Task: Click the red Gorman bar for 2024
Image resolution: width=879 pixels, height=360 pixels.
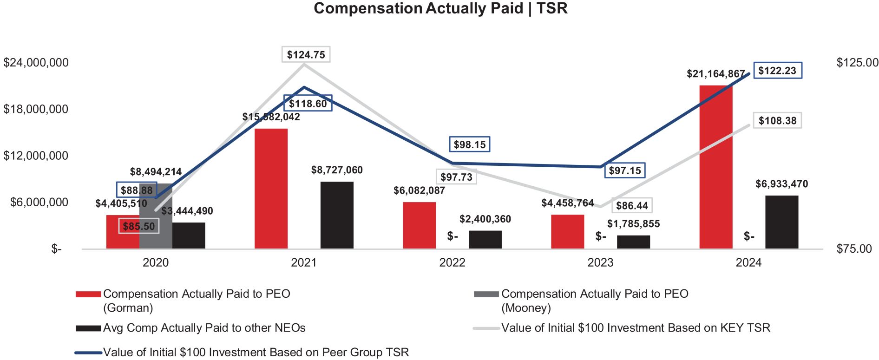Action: (x=715, y=167)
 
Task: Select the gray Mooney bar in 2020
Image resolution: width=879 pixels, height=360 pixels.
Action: (x=156, y=218)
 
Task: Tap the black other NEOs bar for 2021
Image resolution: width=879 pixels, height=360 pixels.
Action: (x=337, y=215)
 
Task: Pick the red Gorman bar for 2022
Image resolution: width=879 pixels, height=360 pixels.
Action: (x=419, y=225)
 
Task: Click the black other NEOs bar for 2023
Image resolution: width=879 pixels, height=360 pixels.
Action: (x=633, y=242)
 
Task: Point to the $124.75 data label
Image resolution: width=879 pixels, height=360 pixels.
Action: (x=306, y=55)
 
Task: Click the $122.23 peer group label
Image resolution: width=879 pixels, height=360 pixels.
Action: (x=777, y=71)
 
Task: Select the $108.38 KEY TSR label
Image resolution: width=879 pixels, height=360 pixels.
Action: (x=777, y=121)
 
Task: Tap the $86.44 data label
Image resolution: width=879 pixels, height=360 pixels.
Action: (x=632, y=206)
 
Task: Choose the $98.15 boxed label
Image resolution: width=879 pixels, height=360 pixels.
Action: (x=470, y=144)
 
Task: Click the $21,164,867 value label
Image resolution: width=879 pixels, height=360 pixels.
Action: (x=715, y=74)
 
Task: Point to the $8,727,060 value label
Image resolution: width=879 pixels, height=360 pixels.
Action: (x=337, y=170)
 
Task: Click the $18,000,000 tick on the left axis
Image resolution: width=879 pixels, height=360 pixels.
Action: (x=36, y=109)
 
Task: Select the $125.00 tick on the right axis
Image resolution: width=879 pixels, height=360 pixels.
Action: (x=857, y=63)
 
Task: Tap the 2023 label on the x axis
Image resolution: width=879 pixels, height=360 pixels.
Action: (x=600, y=263)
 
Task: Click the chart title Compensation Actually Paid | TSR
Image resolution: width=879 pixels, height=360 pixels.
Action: (x=440, y=8)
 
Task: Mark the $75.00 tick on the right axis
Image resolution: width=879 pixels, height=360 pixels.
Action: (x=854, y=249)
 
